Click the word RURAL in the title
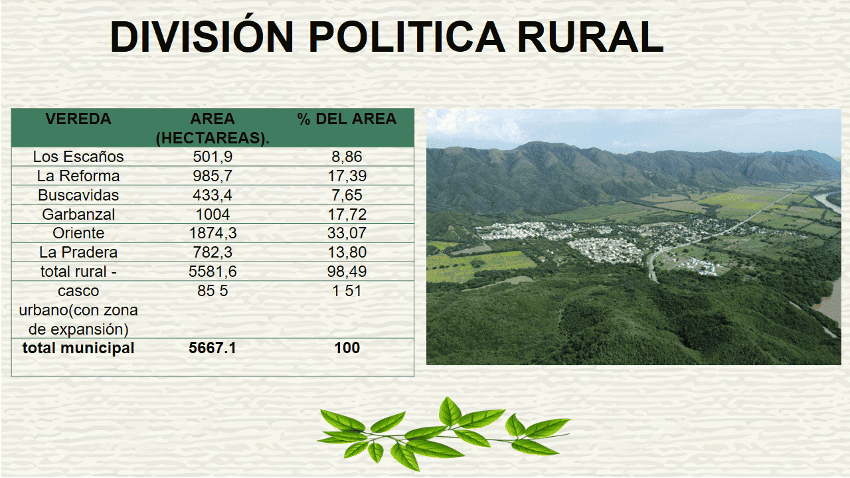pos(590,37)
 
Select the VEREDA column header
pos(78,119)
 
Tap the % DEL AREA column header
pos(347,119)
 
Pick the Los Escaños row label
pos(78,157)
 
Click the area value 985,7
pos(212,176)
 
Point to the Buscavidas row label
pos(78,195)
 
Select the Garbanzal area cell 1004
pos(212,214)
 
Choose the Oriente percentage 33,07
pos(347,233)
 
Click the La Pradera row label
pos(78,252)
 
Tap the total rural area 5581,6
pos(212,272)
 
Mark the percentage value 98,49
pos(347,272)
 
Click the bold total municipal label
pos(78,348)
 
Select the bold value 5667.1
pos(212,348)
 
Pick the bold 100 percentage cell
pos(347,348)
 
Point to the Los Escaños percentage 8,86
pos(347,157)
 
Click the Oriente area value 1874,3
pos(212,233)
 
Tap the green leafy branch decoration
pos(443,434)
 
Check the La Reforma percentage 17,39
pos(347,176)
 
